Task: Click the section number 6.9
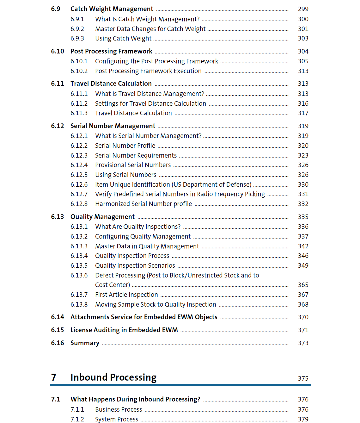(56, 9)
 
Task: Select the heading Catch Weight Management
(112, 9)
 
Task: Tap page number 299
(303, 9)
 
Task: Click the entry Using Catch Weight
(123, 39)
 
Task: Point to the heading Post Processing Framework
(111, 51)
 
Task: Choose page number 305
(303, 61)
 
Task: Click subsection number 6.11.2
(79, 103)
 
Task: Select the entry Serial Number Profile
(125, 146)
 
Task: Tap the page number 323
(303, 155)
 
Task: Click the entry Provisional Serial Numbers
(133, 165)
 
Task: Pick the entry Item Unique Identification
(173, 184)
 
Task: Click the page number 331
(303, 194)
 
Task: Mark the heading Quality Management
(102, 217)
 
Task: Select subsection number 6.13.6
(79, 275)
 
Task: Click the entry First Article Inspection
(126, 295)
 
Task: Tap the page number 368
(303, 304)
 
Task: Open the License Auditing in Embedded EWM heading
(124, 330)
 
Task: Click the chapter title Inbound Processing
(113, 377)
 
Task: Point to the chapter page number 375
(303, 378)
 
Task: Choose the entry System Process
(117, 419)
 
